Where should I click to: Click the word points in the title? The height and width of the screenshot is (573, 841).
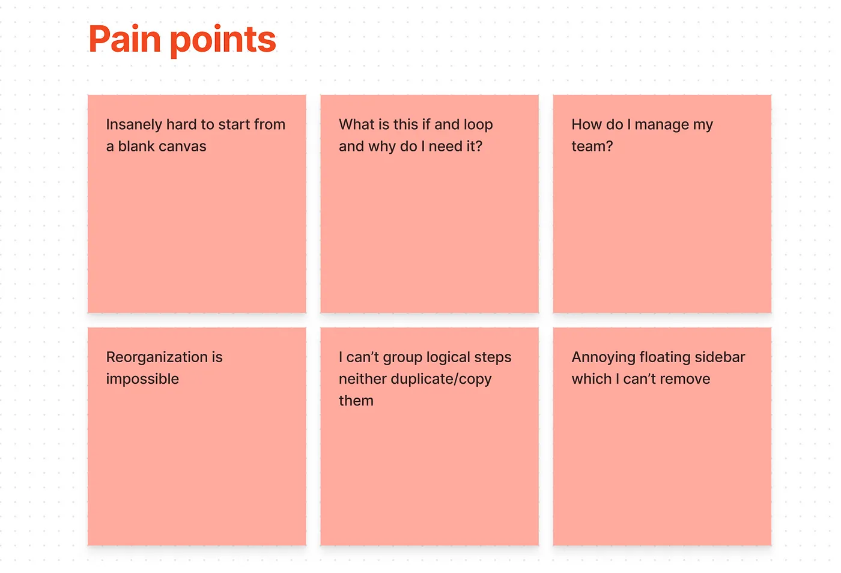[x=223, y=41]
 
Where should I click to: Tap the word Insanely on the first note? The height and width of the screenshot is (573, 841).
[x=134, y=125]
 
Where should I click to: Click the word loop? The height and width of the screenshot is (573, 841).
[x=478, y=125]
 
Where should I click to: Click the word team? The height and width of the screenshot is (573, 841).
[x=592, y=147]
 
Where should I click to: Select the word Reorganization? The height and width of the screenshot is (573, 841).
[x=157, y=357]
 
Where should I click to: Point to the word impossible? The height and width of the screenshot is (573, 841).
[x=143, y=379]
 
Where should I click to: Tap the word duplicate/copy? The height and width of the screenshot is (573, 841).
[x=441, y=379]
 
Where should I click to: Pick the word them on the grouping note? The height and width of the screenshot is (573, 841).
[x=356, y=401]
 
